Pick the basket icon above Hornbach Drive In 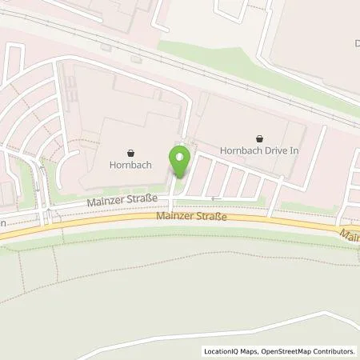[x=258, y=138]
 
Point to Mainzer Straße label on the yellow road [x=192, y=216]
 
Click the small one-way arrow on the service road [x=214, y=196]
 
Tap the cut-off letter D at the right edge [x=355, y=43]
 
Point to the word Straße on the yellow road [x=210, y=216]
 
